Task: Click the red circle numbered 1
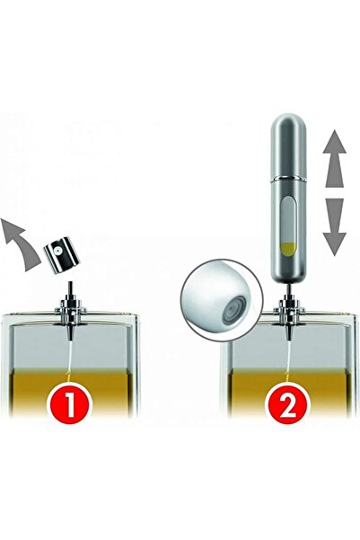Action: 70,403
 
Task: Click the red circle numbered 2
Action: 289,403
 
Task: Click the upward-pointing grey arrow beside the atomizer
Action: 335,159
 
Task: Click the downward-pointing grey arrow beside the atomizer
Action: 335,227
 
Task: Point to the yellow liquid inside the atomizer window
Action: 287,249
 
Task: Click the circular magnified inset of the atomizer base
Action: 222,300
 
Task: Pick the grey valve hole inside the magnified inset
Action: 234,308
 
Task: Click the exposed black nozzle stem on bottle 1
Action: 71,288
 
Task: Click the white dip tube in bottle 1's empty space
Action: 70,355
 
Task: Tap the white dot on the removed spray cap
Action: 59,251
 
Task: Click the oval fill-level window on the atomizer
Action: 287,227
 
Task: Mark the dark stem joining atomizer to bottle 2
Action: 288,288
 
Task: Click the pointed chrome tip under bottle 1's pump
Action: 71,332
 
